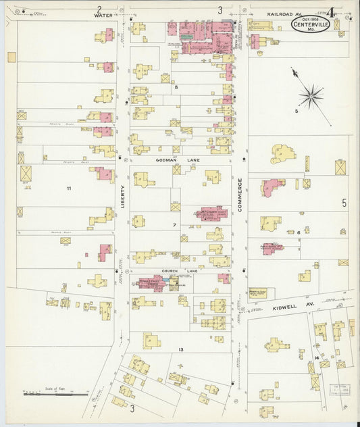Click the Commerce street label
[239, 196]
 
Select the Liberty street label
[123, 195]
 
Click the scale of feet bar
[51, 393]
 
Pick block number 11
[68, 187]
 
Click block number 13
[180, 349]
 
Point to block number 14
[316, 356]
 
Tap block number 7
[174, 224]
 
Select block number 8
[176, 87]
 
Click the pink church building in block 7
[209, 214]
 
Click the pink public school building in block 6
[272, 248]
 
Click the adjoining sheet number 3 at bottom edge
[132, 408]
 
